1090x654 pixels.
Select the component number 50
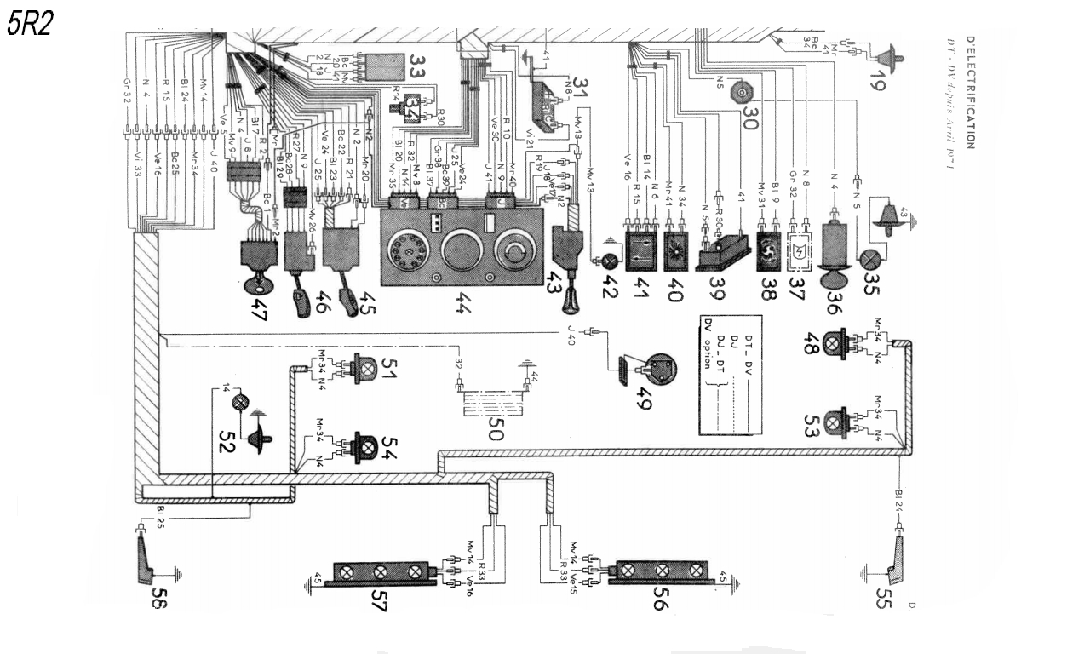coord(495,422)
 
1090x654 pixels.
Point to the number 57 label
coord(380,603)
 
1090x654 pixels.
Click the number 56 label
coord(660,603)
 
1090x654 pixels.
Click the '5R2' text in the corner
coord(31,24)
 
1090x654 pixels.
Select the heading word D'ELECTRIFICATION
coord(972,93)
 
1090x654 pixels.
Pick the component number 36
coord(832,303)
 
